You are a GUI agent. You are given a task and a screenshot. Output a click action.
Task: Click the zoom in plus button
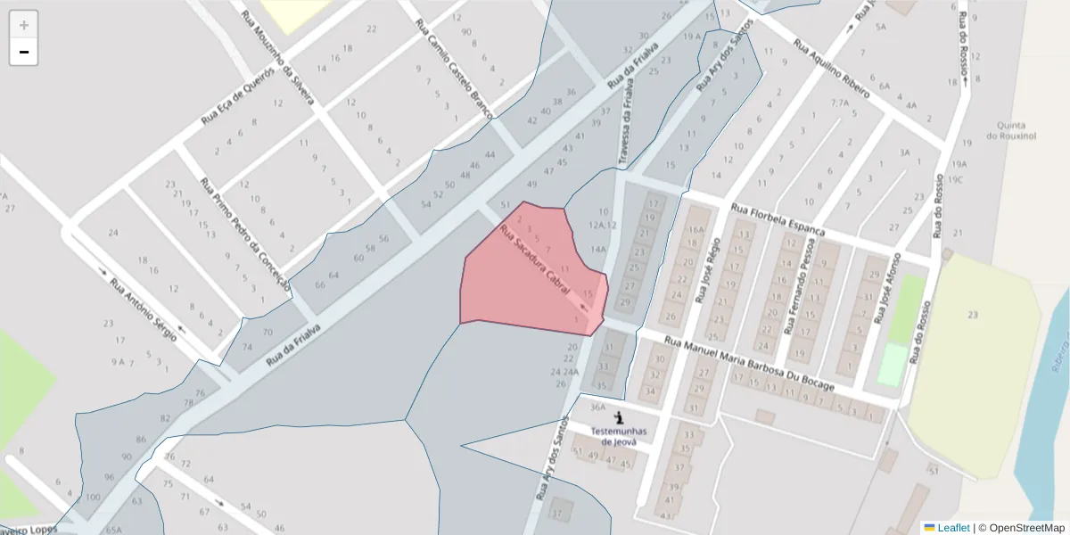pos(24,24)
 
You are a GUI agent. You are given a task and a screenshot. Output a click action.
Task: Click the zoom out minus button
pos(24,52)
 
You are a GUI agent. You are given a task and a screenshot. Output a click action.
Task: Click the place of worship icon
pos(620,416)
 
